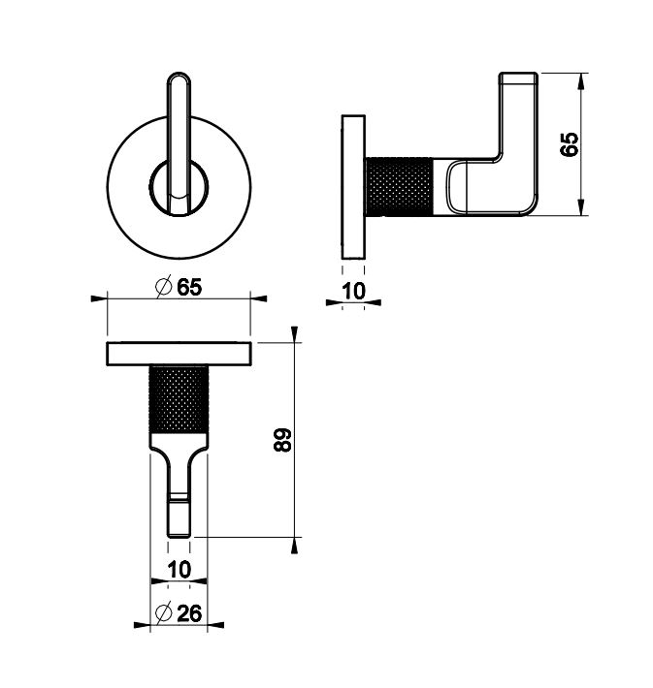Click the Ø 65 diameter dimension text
[179, 288]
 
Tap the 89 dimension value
[282, 440]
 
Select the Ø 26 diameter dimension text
[179, 613]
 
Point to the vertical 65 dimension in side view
[569, 144]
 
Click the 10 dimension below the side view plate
[353, 291]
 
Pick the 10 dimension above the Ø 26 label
[180, 570]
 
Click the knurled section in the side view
[399, 186]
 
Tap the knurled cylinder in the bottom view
[179, 399]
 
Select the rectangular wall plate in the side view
[353, 187]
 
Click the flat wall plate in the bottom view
[179, 354]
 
